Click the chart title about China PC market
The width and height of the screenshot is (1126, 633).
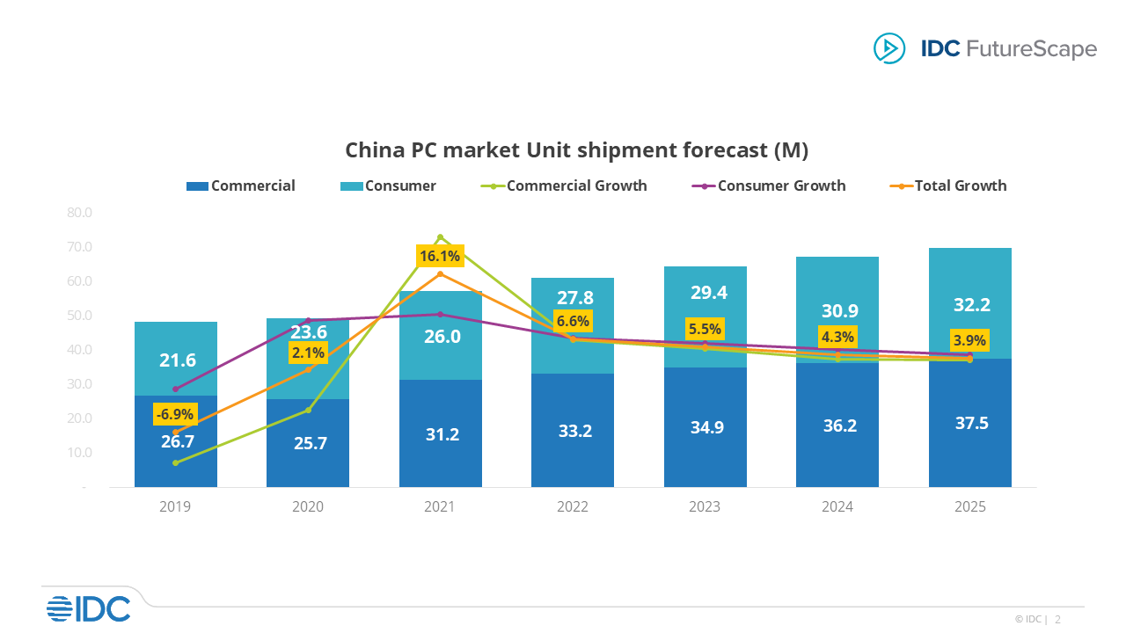coord(576,150)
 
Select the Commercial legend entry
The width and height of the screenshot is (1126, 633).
coord(241,186)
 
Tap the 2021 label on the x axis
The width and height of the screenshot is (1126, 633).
coord(440,507)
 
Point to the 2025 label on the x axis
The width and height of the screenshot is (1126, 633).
coord(969,507)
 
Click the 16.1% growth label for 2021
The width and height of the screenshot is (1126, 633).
coord(440,256)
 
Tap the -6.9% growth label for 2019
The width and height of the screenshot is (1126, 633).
coord(175,414)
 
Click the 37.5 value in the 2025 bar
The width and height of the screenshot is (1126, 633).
coord(970,423)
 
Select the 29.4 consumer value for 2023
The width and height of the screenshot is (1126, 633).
coord(705,293)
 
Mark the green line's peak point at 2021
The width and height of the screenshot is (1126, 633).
coord(440,237)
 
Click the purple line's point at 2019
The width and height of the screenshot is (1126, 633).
coord(175,389)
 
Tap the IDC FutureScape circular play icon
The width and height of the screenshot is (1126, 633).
coord(888,47)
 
